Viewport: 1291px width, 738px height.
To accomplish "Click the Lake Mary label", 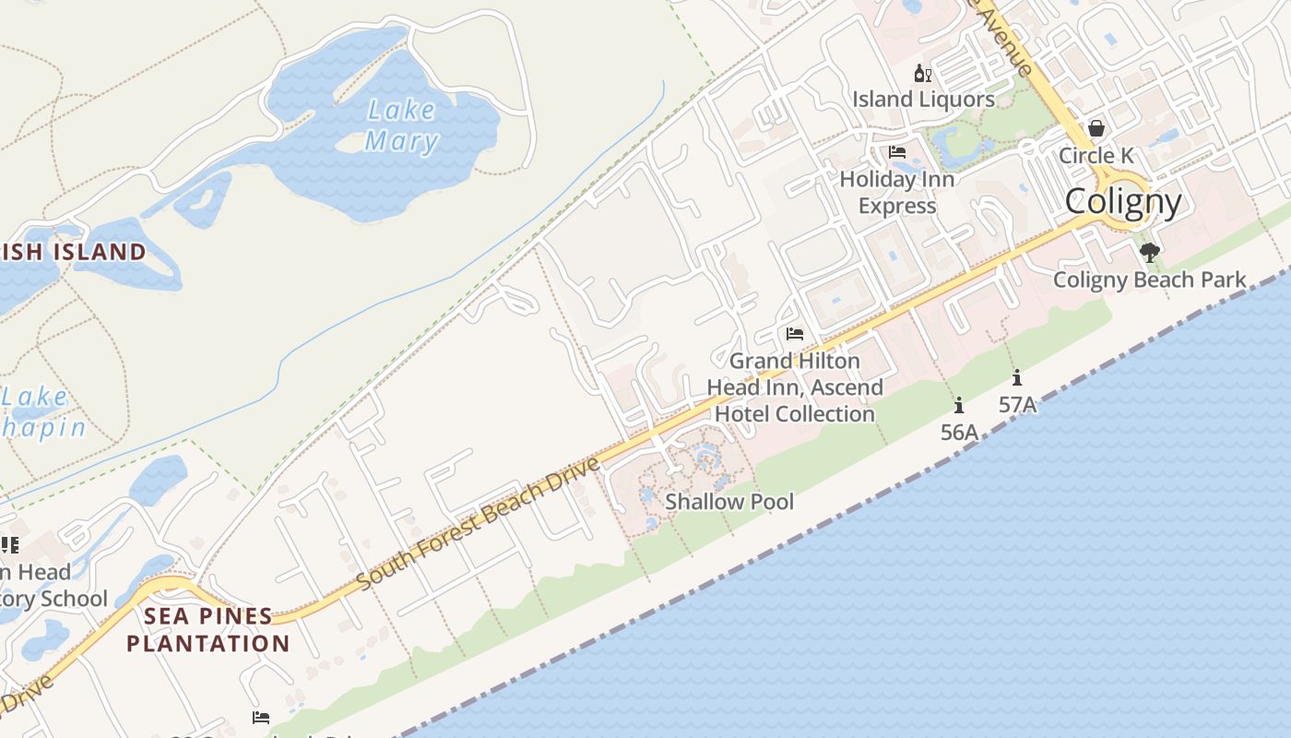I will [x=401, y=125].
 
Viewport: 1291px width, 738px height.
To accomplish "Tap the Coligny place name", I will [x=1122, y=201].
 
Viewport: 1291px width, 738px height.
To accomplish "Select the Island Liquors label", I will [x=923, y=99].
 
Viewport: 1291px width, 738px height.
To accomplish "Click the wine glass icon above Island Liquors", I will [x=922, y=74].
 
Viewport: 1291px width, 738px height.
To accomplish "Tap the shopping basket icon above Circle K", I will [x=1096, y=128].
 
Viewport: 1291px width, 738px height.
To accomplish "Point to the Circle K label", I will [x=1096, y=155].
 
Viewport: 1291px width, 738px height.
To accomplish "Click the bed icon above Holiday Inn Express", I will [x=897, y=152].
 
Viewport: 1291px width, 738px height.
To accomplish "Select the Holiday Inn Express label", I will [x=897, y=192].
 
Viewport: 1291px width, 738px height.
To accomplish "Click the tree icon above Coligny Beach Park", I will [x=1149, y=252].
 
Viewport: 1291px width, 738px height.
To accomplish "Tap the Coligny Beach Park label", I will [x=1149, y=280].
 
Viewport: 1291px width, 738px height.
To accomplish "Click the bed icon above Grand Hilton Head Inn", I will [x=795, y=334].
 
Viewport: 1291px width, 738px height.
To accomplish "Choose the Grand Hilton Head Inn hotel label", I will [x=795, y=387].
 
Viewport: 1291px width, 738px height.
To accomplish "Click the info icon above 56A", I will [x=959, y=405].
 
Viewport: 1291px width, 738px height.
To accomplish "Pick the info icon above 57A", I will [x=1017, y=377].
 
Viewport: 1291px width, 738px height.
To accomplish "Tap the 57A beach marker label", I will [x=1017, y=404].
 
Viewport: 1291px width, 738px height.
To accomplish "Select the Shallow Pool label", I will [x=729, y=502].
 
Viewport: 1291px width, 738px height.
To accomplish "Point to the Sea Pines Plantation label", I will [x=208, y=629].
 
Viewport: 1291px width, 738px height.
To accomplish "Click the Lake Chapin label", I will [x=41, y=412].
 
